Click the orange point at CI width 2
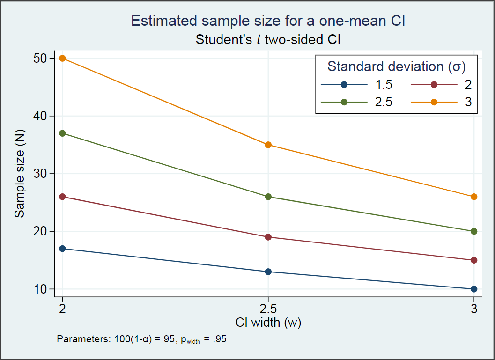[x=63, y=59]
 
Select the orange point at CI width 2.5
[x=268, y=145]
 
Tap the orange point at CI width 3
[x=474, y=197]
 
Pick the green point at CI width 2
[x=63, y=133]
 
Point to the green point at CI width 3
[x=474, y=231]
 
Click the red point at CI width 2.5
[x=268, y=237]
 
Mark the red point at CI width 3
[x=474, y=260]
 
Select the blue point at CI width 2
[x=63, y=249]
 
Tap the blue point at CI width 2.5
[x=268, y=272]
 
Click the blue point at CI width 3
[x=474, y=289]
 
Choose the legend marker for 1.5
[x=344, y=85]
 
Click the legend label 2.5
[x=383, y=103]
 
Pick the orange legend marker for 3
[x=434, y=103]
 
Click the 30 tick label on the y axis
[x=44, y=174]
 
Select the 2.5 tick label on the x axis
[x=268, y=309]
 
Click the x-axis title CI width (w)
[x=268, y=323]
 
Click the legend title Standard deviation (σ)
[x=396, y=66]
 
